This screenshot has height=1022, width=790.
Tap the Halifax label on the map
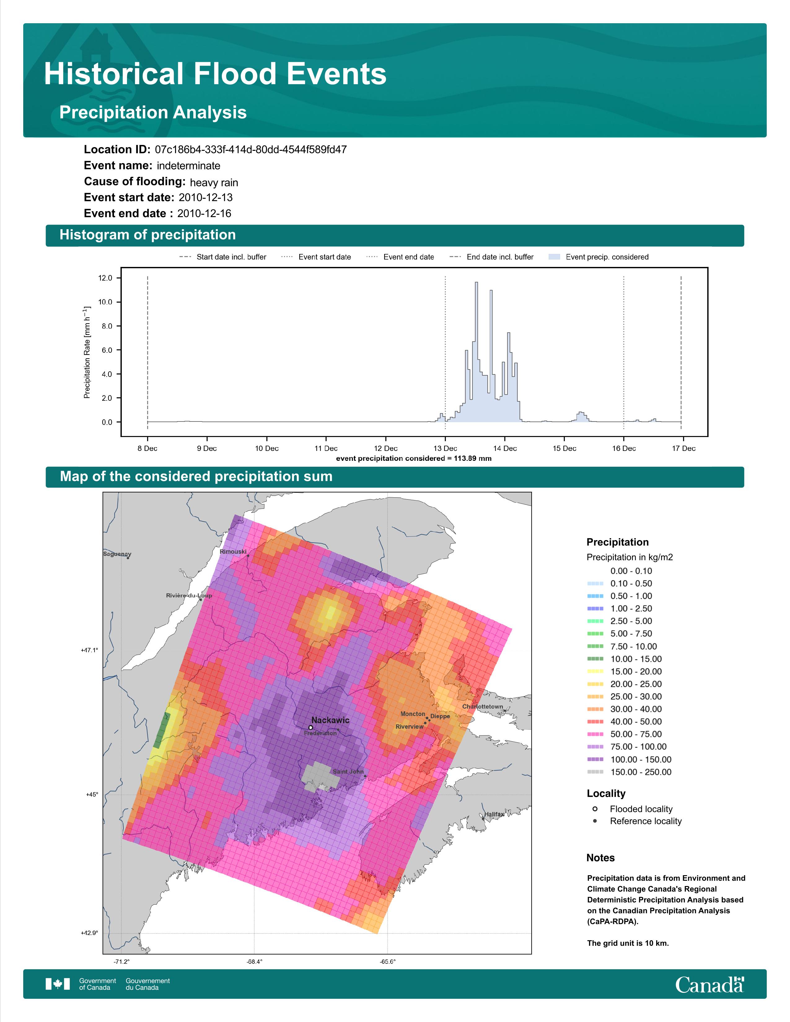[494, 814]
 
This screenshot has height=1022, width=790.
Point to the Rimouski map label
[233, 552]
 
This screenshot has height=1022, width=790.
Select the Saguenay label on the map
[117, 554]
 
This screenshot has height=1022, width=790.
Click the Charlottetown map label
[482, 707]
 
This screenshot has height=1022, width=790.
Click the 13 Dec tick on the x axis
[445, 448]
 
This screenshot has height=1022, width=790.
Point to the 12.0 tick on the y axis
[105, 278]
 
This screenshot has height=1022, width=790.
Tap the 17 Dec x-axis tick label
[684, 448]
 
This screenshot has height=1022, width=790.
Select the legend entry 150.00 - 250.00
[630, 772]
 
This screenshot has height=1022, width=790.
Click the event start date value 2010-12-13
[205, 198]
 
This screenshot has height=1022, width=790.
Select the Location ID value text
[251, 150]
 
